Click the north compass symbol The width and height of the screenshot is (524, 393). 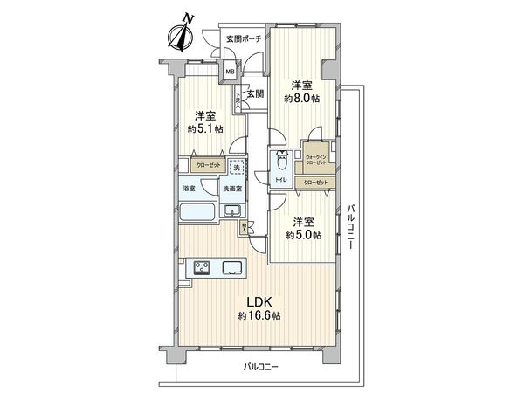pyautogui.click(x=181, y=35)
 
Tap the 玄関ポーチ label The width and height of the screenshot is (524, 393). pyautogui.click(x=244, y=39)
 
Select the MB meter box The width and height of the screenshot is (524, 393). pyautogui.click(x=230, y=73)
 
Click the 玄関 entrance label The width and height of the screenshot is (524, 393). pyautogui.click(x=254, y=93)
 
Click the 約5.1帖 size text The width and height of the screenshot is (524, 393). pyautogui.click(x=204, y=128)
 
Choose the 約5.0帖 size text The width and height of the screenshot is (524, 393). pyautogui.click(x=303, y=235)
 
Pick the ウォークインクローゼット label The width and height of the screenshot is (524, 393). pyautogui.click(x=316, y=161)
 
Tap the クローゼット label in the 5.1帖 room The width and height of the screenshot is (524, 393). pyautogui.click(x=207, y=164)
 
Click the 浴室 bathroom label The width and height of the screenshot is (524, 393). pyautogui.click(x=189, y=189)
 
